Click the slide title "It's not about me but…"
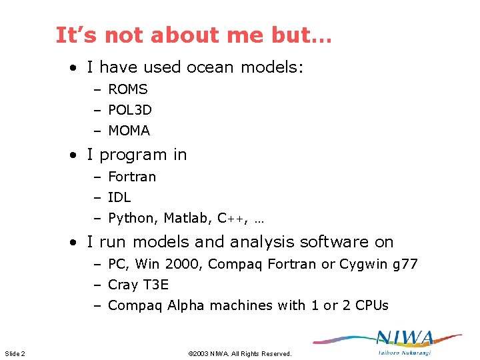coord(193,35)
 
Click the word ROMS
coord(127,89)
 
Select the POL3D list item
coord(129,110)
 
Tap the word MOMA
coord(129,131)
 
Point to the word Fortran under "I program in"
coord(132,177)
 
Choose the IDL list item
coord(119,197)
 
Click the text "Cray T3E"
coord(138,285)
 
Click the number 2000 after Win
coord(183,264)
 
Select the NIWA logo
coord(403,341)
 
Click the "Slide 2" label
coord(15,353)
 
